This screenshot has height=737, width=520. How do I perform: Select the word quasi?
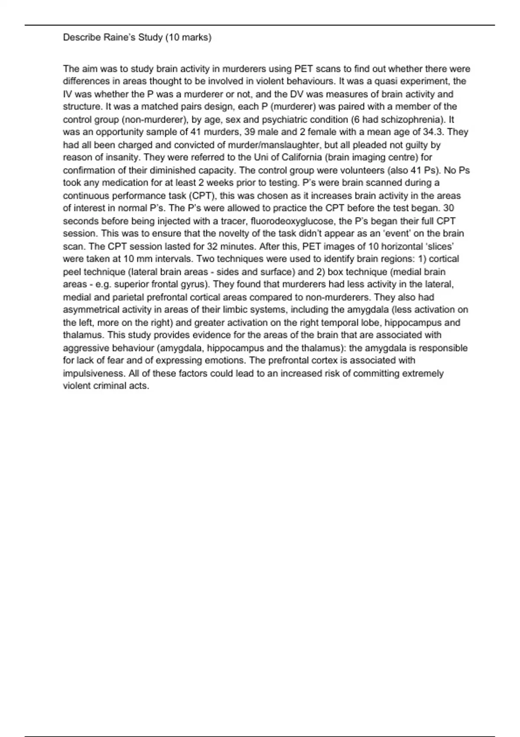[x=392, y=81]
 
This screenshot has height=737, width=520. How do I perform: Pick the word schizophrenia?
[x=412, y=119]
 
